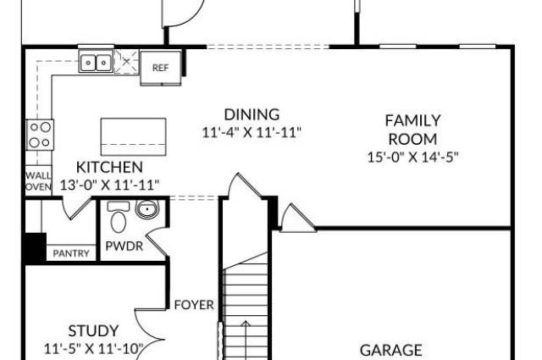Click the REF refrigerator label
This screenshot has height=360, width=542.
point(160,68)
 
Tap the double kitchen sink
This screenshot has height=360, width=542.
point(96,63)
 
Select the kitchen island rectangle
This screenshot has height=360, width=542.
point(134,137)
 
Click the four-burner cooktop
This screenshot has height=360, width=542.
point(40,135)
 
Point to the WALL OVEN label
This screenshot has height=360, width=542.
point(38,181)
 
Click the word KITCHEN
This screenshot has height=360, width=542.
point(109,168)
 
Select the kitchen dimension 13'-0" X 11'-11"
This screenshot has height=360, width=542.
point(110,185)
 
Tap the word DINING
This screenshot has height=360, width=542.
point(252,114)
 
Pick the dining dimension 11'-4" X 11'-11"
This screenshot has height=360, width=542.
point(252,132)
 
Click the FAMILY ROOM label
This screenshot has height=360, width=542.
point(412,130)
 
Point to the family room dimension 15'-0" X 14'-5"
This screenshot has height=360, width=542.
point(412,158)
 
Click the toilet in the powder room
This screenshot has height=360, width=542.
point(119,218)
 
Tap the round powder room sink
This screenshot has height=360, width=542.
point(147,209)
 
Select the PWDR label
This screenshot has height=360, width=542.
point(124,246)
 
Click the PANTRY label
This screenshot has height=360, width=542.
point(71,253)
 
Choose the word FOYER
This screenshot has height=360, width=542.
point(194,305)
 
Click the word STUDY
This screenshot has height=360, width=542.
point(93,331)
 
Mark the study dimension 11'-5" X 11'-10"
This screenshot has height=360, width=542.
point(93,349)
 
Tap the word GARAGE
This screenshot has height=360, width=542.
point(391,351)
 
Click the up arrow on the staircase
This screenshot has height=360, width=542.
point(246,341)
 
